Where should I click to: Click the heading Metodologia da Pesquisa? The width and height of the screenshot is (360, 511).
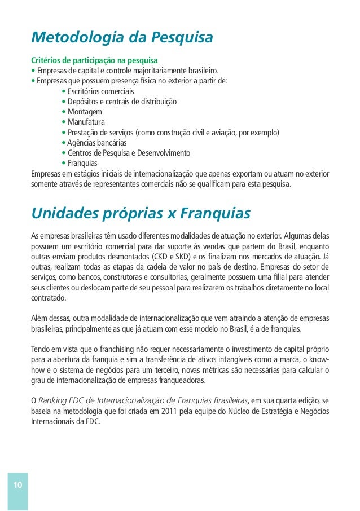(x=122, y=38)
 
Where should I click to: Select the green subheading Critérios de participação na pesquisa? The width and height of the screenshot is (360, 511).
(x=94, y=60)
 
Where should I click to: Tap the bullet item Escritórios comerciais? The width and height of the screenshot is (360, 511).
(x=100, y=91)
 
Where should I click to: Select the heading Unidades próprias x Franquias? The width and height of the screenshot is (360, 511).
(x=141, y=214)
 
